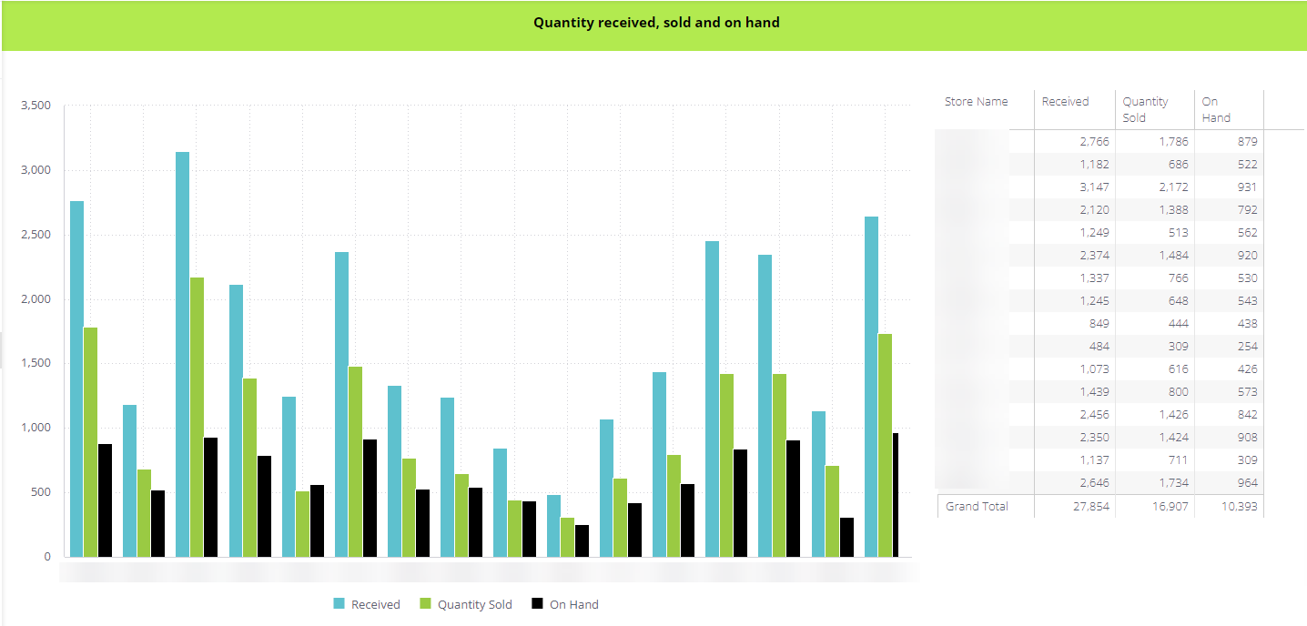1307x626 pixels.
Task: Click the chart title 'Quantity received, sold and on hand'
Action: [x=656, y=23]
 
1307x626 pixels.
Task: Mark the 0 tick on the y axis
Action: [x=47, y=557]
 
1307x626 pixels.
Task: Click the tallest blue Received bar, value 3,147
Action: [x=182, y=354]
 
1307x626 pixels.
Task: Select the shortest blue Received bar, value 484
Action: [x=553, y=525]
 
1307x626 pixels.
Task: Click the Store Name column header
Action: [x=977, y=102]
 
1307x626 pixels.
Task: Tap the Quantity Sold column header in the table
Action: [x=1145, y=109]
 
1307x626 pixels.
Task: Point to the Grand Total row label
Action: [x=977, y=507]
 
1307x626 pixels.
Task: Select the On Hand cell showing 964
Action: [x=1243, y=483]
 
